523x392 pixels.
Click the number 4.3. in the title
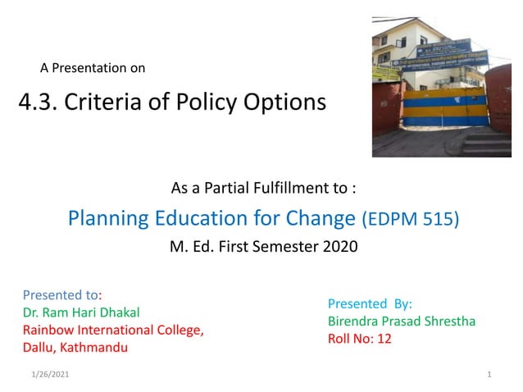click(39, 103)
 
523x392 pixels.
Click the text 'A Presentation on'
click(93, 68)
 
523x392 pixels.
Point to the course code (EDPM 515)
click(411, 220)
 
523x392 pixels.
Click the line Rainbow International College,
click(112, 330)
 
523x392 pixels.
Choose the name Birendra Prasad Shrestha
click(401, 321)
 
